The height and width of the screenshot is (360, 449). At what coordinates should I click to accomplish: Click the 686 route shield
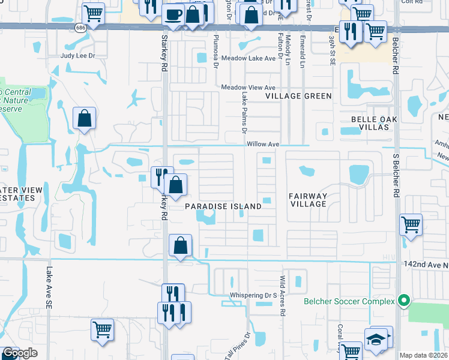pos(79,28)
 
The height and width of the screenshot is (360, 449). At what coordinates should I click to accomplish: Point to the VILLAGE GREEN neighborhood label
pos(299,96)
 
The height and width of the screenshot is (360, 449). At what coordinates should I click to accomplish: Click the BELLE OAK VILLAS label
pos(373,124)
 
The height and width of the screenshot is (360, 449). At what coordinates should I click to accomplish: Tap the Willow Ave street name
pos(263,145)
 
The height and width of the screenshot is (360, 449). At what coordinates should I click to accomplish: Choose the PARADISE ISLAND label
pos(223,206)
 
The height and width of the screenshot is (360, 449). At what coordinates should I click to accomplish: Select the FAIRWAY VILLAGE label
pos(308,200)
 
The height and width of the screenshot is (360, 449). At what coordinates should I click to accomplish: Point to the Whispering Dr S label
pos(253,296)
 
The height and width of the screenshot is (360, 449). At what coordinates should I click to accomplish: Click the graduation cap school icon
pos(377,338)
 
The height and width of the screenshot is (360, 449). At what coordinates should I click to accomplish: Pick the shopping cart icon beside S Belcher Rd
pos(411,226)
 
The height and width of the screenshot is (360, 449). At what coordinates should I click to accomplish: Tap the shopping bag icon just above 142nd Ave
pos(180,245)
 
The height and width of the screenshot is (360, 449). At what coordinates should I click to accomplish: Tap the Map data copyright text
pos(423,355)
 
